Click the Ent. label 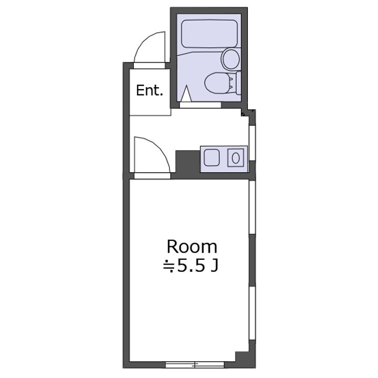tap(150, 90)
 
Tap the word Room tap(192, 247)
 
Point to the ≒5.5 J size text tap(191, 266)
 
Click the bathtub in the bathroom tap(209, 34)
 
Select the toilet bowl tap(217, 83)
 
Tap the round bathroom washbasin tap(231, 59)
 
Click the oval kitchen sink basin tap(236, 158)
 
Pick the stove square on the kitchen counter tap(212, 157)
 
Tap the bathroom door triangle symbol tap(186, 93)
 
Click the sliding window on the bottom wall tap(195, 364)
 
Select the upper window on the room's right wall tap(252, 207)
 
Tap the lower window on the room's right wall tap(252, 313)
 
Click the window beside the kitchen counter tap(252, 143)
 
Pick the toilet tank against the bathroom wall tap(238, 83)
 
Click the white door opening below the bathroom tap(200, 105)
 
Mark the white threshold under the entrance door tap(150, 65)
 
